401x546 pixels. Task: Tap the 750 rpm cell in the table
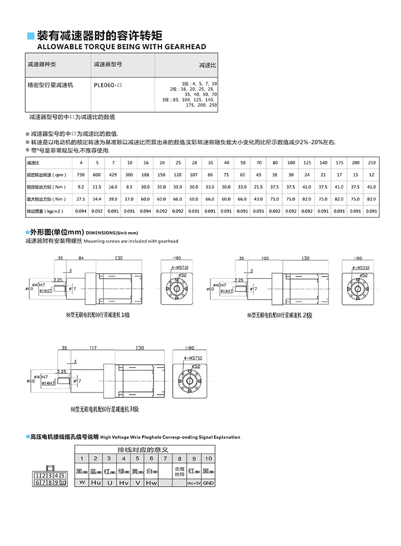[x=81, y=175]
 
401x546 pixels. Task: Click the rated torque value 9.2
[x=81, y=187]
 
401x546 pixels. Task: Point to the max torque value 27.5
[x=81, y=199]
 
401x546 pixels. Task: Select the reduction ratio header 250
[x=372, y=163]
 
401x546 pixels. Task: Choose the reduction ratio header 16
[x=145, y=163]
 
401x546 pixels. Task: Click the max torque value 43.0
[x=259, y=199]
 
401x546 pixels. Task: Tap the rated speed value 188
[x=145, y=175]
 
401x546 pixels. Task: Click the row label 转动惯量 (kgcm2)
[x=46, y=211]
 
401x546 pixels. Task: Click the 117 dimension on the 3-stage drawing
[x=94, y=348]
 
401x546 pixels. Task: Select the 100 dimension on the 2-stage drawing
[x=265, y=258]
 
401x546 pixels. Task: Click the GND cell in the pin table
[x=208, y=483]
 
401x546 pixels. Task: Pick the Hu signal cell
[x=96, y=483]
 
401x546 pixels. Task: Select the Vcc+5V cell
[x=194, y=483]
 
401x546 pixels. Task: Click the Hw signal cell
[x=151, y=483]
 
